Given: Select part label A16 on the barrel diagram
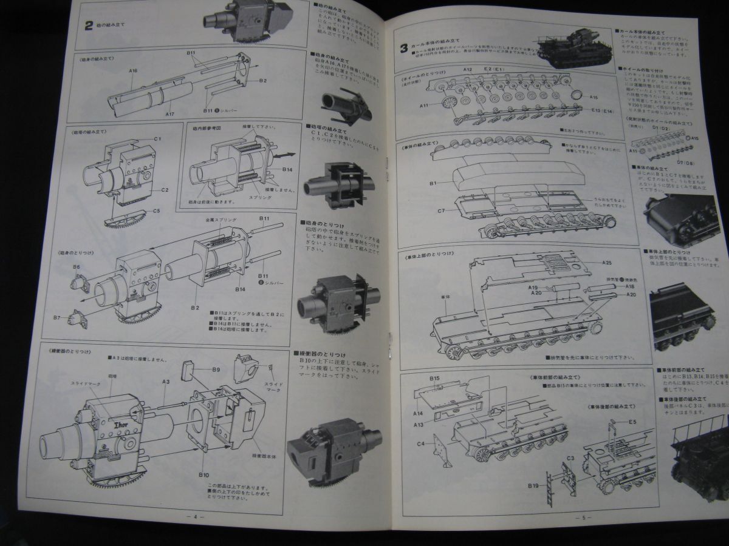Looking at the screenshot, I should point(133,71).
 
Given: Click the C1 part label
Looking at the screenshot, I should point(157,138).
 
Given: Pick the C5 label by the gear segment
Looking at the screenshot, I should point(156,211).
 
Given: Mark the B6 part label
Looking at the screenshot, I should point(76,267).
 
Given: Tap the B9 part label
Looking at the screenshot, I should point(216,369).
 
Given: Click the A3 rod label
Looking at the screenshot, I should point(165,382).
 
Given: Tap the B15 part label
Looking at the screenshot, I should point(434,379).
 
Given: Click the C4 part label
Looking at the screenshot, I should point(421,443).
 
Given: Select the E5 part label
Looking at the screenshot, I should point(632,422).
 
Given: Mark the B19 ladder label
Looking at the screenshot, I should point(533,485).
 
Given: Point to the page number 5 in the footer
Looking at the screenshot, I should point(579,517).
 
